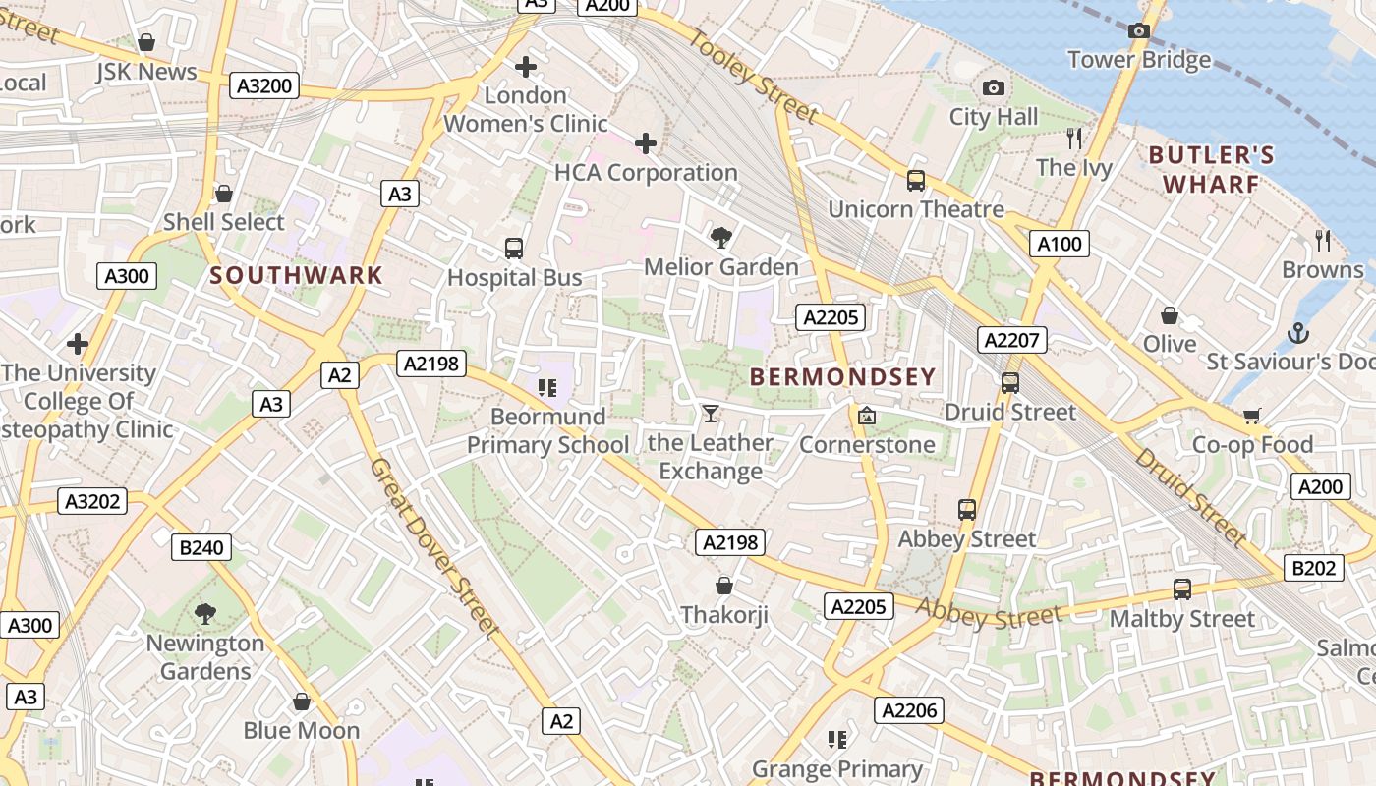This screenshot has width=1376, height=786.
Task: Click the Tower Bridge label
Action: (1139, 60)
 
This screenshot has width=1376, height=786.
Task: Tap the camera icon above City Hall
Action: (994, 88)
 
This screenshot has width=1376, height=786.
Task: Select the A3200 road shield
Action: (265, 85)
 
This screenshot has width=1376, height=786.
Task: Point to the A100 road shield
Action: (1060, 244)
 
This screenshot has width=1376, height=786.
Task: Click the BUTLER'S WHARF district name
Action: (1211, 169)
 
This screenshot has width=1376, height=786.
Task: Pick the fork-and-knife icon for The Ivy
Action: (1074, 138)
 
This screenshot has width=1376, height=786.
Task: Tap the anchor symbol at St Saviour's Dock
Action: (1298, 333)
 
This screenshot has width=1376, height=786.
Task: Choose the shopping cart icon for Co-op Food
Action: (1251, 416)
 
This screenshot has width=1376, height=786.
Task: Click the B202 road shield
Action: (1314, 568)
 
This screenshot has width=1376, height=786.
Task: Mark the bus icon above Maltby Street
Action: (1182, 589)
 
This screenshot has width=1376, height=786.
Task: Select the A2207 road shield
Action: (1012, 340)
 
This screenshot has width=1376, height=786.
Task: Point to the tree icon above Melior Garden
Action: (721, 237)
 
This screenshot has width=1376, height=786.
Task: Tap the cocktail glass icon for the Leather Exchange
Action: (711, 414)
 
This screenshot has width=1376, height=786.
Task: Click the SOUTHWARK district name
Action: (296, 275)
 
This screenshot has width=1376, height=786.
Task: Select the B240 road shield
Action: (201, 547)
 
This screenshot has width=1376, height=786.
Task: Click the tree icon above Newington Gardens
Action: (205, 614)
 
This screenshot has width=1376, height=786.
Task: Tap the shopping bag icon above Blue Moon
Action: (302, 702)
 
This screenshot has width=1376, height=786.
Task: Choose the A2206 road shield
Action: (910, 710)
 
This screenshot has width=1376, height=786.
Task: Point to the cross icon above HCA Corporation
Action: (646, 144)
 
